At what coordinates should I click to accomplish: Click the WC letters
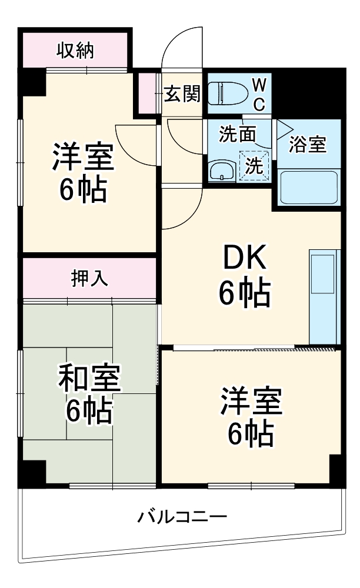[259, 94]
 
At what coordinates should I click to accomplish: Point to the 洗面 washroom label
[237, 135]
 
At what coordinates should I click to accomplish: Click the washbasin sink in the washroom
[222, 172]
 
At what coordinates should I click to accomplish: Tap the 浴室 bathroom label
[307, 145]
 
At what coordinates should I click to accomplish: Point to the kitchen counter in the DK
[324, 297]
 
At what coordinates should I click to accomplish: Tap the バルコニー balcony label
[182, 517]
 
